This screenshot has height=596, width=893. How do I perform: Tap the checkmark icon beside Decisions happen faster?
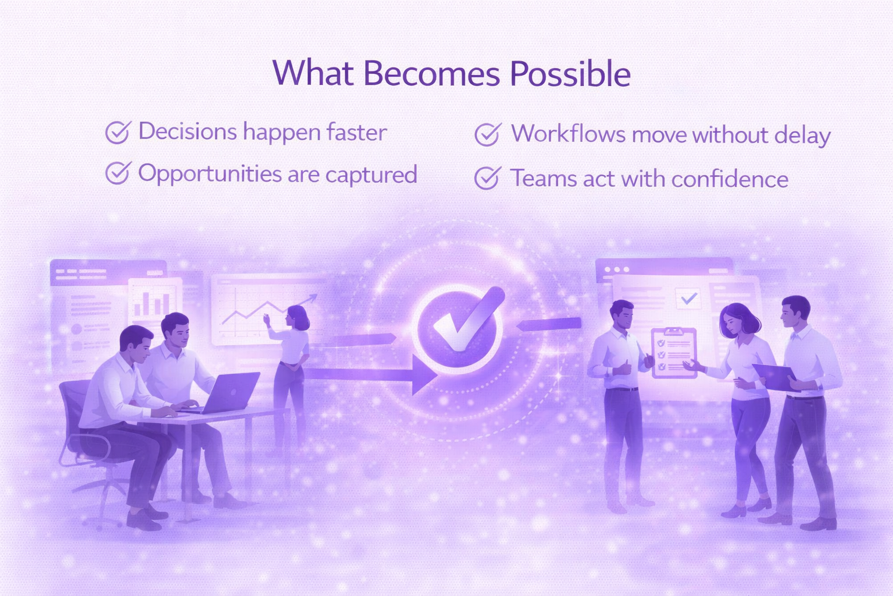[117, 132]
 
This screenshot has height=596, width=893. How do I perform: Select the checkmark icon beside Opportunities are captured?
[117, 173]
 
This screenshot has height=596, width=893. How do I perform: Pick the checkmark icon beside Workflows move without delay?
[487, 134]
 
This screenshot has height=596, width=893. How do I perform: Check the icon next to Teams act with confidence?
[487, 178]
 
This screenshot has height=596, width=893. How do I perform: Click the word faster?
[356, 132]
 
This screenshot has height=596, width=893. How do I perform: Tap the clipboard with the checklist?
[673, 353]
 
